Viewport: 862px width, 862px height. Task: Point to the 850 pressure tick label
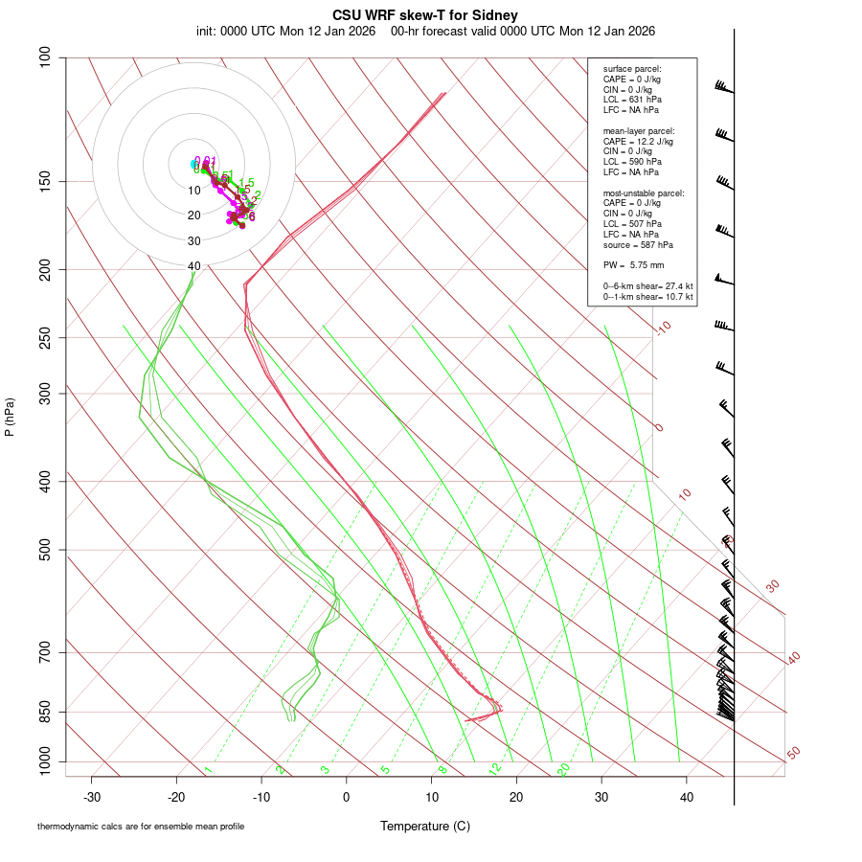[46, 712]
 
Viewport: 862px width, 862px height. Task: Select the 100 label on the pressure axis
[46, 57]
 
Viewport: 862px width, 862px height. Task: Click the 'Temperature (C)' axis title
[424, 826]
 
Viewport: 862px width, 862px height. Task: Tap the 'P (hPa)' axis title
[10, 417]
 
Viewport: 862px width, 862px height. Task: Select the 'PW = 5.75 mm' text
[633, 265]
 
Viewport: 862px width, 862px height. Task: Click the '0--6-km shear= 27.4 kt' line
[647, 286]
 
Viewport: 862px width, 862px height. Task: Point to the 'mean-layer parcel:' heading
[639, 131]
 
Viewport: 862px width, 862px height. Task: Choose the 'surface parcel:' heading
[632, 69]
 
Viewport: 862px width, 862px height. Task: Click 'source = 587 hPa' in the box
[638, 244]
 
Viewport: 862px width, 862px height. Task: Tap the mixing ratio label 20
[563, 769]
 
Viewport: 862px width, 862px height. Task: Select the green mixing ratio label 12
[495, 769]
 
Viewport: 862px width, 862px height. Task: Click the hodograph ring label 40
[193, 266]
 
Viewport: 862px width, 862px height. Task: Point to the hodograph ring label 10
[193, 191]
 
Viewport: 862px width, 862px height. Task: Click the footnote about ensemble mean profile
[141, 827]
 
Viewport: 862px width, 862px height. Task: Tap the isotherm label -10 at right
[663, 328]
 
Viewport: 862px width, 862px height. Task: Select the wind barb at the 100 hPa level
[725, 89]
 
